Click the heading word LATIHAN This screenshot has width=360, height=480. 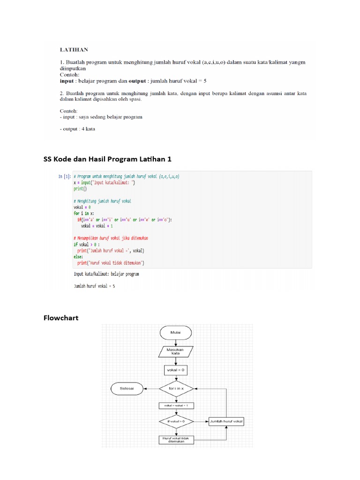(x=73, y=49)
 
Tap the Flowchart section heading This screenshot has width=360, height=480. (x=61, y=318)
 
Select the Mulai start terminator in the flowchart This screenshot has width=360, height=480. (x=176, y=333)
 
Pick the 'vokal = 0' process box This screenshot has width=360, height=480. (x=176, y=370)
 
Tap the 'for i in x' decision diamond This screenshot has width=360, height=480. (x=176, y=388)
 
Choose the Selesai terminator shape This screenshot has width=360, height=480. (x=127, y=388)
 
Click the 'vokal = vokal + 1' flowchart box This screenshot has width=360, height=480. (x=176, y=405)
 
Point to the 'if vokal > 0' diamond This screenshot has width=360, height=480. (x=176, y=421)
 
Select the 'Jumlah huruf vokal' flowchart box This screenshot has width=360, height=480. (x=226, y=421)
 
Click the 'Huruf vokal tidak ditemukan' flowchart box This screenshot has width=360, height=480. (x=176, y=440)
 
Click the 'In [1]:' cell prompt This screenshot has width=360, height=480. (x=64, y=177)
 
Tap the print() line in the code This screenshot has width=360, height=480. (x=78, y=189)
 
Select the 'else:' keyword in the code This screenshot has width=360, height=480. (x=78, y=257)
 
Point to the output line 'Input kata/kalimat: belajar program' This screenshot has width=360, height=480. (x=106, y=273)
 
